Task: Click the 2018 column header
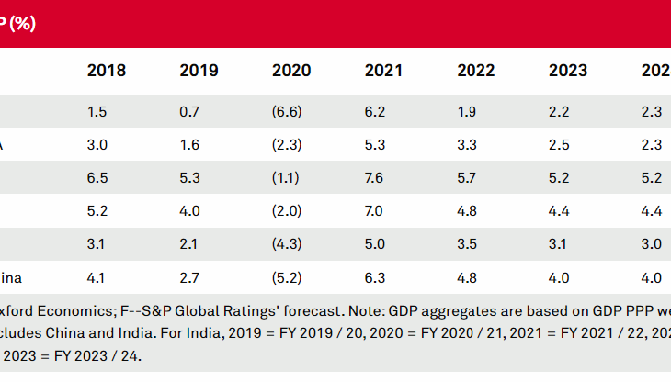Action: (107, 71)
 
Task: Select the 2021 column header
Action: (383, 71)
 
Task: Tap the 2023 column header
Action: (568, 71)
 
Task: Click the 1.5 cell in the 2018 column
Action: (97, 111)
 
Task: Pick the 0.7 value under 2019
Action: (190, 111)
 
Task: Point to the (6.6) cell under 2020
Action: (288, 111)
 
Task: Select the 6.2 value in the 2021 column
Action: (375, 111)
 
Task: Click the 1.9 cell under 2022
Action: (468, 111)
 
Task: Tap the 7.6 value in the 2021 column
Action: (375, 178)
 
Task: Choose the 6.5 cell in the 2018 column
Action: (97, 178)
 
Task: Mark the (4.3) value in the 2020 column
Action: (288, 244)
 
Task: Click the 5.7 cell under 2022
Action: (468, 178)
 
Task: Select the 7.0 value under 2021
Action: (375, 211)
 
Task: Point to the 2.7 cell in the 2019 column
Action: (190, 278)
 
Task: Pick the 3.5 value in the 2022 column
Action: (468, 244)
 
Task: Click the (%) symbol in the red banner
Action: (22, 24)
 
